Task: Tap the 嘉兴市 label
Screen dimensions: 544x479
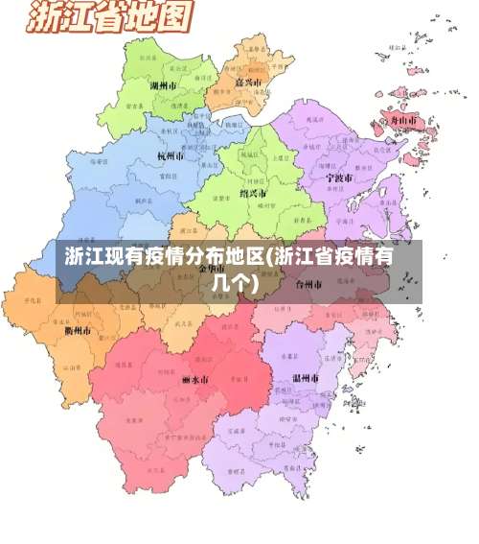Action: point(249,83)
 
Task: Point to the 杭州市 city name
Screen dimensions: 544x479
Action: point(172,154)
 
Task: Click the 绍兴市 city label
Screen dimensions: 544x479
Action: point(253,193)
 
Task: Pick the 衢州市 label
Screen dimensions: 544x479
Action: point(79,331)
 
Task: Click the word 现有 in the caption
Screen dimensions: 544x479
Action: point(122,257)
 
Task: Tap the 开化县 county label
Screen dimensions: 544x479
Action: point(36,300)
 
